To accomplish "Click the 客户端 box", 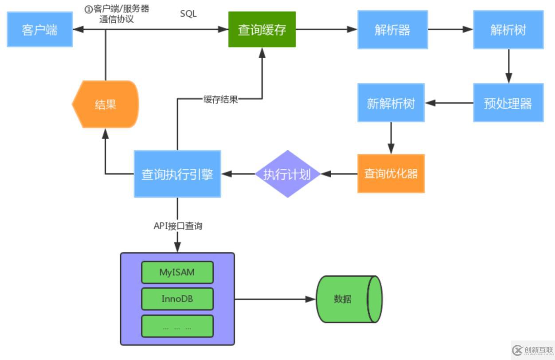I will (x=39, y=30).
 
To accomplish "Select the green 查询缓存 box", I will (x=262, y=30).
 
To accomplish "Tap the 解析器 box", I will (x=392, y=30).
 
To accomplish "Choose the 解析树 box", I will (x=508, y=30).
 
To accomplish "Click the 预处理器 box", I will (x=508, y=103).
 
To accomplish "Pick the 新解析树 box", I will (x=391, y=103).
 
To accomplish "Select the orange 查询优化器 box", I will (x=391, y=174).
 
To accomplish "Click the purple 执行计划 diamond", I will (x=287, y=174).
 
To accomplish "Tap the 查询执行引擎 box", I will (x=177, y=174).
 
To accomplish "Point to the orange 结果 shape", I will (x=106, y=104).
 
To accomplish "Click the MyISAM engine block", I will (x=177, y=272).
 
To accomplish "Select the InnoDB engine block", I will (x=177, y=299).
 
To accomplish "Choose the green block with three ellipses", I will (x=177, y=326).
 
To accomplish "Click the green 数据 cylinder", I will (x=348, y=299).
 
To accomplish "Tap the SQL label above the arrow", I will (x=188, y=14).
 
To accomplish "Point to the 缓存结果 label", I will (x=220, y=99).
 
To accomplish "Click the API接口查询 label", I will (x=178, y=226).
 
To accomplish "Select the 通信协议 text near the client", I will (x=117, y=20).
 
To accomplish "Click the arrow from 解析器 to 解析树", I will (x=450, y=30).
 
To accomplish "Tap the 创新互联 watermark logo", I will (x=532, y=350).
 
